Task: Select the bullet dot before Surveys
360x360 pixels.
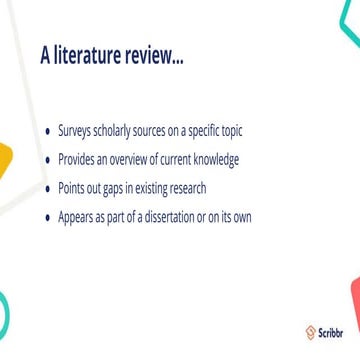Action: coord(49,132)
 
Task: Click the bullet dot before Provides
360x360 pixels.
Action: coord(49,160)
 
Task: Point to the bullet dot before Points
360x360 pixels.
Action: coord(49,189)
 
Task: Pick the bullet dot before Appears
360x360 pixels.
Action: coord(49,217)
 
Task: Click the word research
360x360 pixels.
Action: coord(186,189)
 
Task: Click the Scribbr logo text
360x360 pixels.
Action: coord(330,333)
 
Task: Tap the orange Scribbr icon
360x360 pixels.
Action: coord(311,333)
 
